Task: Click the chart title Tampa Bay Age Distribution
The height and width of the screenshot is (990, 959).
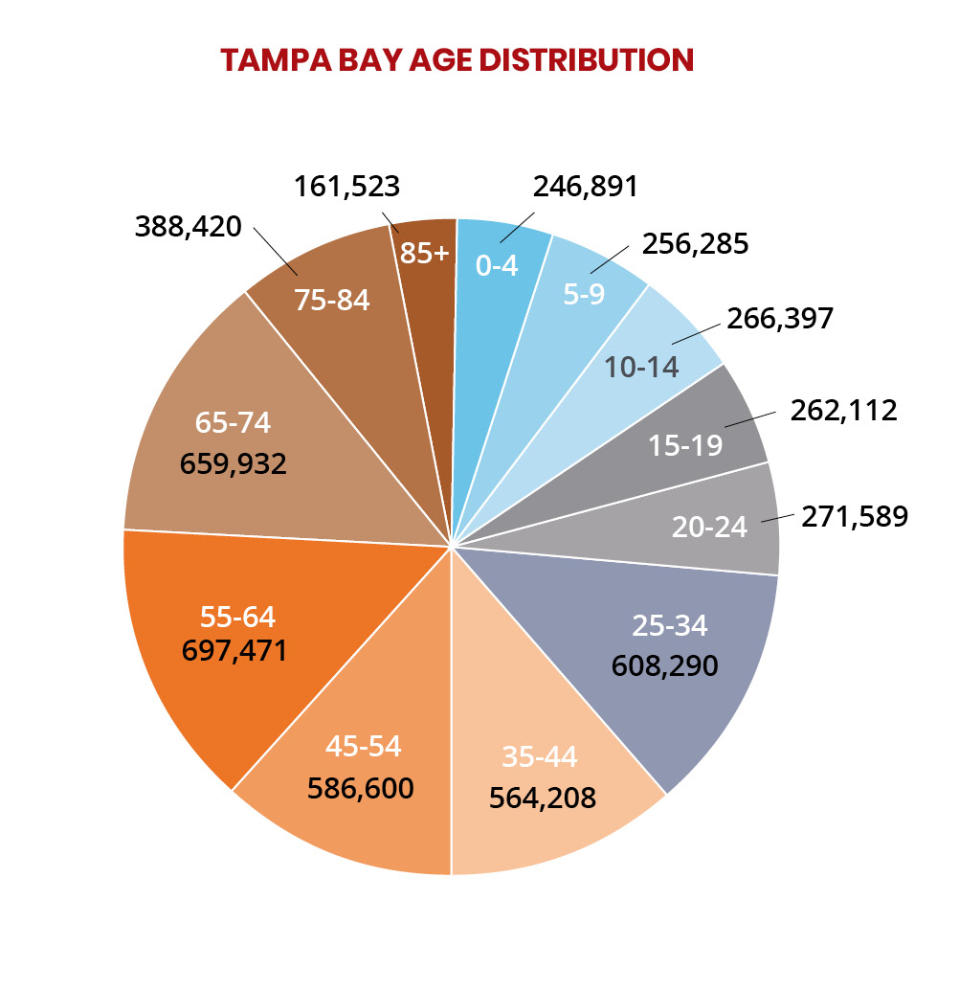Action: [457, 59]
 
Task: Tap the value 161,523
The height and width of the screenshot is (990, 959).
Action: [346, 186]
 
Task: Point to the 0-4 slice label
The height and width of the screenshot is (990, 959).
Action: [497, 265]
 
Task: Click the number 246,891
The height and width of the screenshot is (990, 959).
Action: [585, 186]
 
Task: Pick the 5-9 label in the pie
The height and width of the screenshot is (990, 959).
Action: [584, 294]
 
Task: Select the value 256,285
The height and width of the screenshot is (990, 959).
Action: [695, 243]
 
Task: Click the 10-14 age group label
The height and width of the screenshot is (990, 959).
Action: [641, 367]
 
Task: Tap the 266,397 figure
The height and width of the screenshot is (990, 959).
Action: [781, 318]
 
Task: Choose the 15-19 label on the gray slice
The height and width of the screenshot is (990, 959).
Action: [684, 444]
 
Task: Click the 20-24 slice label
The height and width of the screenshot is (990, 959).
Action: [709, 527]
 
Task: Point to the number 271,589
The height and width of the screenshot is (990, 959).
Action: [855, 517]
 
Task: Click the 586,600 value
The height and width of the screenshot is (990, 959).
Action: [361, 787]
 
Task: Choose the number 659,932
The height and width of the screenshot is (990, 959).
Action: [234, 463]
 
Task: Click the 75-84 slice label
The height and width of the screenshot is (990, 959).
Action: [332, 300]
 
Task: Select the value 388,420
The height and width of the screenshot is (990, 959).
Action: [189, 228]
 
